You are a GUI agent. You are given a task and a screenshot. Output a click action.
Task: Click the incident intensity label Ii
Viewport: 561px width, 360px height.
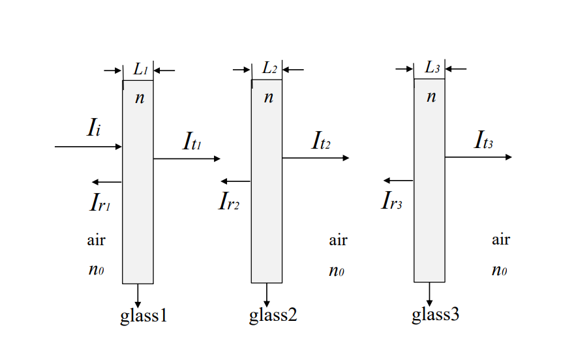(x=93, y=128)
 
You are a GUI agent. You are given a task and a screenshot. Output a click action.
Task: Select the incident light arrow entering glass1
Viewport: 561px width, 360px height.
(x=88, y=147)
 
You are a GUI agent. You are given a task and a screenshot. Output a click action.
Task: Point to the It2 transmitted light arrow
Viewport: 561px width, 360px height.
(x=316, y=158)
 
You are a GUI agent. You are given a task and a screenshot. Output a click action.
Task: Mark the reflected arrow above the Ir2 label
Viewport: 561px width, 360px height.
(x=235, y=181)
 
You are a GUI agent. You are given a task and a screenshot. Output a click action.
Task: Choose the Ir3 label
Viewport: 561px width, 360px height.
(x=391, y=202)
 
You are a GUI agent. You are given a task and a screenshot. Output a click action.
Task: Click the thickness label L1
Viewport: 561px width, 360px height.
(x=140, y=68)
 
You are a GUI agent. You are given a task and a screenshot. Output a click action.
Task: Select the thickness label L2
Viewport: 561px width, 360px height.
(x=269, y=68)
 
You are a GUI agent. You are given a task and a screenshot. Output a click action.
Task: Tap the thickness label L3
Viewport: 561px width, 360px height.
(x=432, y=68)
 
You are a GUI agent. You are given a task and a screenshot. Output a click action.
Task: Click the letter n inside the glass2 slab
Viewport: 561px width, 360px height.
(x=268, y=98)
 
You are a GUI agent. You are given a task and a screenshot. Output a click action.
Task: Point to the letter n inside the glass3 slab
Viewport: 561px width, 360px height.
(x=431, y=97)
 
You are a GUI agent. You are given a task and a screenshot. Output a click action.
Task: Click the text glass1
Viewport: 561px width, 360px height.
(x=144, y=317)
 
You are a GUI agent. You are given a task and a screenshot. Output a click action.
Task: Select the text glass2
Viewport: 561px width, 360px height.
(x=273, y=317)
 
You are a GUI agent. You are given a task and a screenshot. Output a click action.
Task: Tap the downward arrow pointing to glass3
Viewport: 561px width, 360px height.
(x=429, y=291)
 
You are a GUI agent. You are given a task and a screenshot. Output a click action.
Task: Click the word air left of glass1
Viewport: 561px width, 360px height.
(x=96, y=240)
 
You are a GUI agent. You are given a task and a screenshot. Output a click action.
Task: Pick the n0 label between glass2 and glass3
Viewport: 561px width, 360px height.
(x=337, y=271)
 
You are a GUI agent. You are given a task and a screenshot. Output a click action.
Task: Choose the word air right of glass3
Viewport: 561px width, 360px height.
(x=500, y=240)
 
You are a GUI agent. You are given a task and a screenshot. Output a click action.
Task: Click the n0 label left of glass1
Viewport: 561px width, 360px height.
(x=96, y=270)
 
